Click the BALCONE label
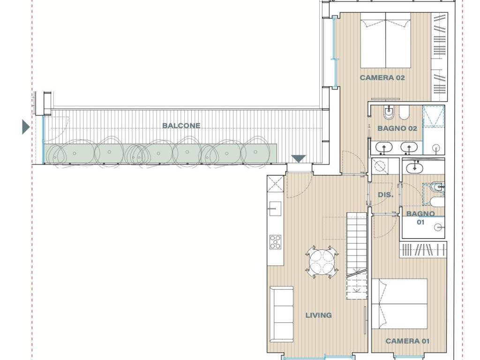click(181, 126)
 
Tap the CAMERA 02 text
click(382, 78)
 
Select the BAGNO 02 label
click(397, 128)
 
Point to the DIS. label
click(385, 195)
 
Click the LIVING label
click(318, 315)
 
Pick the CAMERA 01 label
click(407, 341)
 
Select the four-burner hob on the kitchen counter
click(275, 241)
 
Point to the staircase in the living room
click(356, 255)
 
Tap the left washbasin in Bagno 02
click(384, 147)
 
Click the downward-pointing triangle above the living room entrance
click(299, 159)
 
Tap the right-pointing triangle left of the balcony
click(26, 127)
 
